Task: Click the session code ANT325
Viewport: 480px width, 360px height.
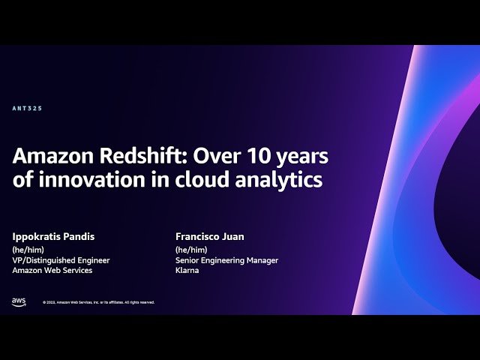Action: click(27, 109)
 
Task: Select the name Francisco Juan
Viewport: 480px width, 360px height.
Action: click(210, 237)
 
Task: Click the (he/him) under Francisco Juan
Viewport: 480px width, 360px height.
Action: click(191, 250)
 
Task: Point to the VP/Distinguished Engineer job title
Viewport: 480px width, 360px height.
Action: click(61, 260)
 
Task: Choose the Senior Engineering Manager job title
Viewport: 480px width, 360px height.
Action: click(226, 260)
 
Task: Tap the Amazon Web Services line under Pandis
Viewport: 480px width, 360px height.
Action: click(52, 271)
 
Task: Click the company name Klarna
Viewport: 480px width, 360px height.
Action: click(187, 271)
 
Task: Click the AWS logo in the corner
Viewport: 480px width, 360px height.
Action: click(19, 301)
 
